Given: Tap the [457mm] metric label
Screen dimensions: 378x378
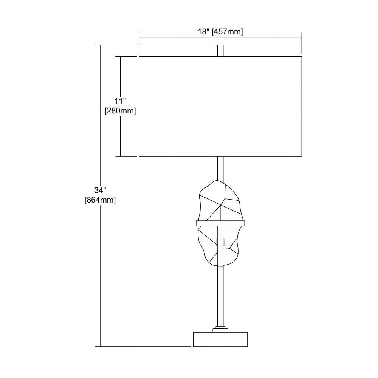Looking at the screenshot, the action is (227, 32).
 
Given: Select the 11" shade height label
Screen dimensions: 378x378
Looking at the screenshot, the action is (120, 101).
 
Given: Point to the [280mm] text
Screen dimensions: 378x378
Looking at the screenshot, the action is (120, 111).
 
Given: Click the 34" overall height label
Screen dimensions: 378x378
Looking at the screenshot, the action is (100, 190).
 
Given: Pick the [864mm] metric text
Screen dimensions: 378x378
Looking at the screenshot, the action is (100, 200).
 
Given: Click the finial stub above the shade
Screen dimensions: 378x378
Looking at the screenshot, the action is (220, 51).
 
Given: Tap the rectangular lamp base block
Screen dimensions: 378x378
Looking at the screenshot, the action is (220, 339).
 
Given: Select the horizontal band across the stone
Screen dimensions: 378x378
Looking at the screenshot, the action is (220, 223).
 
